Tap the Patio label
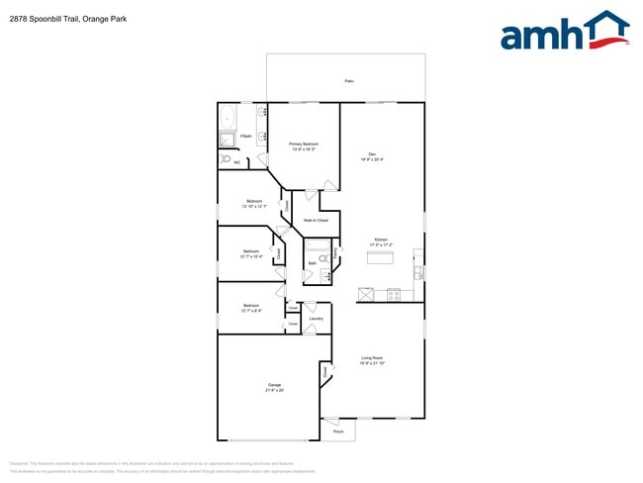coord(348,80)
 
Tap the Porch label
coord(338,433)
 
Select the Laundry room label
coord(317,319)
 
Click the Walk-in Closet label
coord(316,220)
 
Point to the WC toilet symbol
coord(226,158)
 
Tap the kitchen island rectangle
coord(381,257)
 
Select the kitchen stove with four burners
coord(394,294)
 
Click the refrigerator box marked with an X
coord(366,294)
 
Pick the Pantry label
coord(337,253)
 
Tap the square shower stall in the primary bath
coord(227,139)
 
